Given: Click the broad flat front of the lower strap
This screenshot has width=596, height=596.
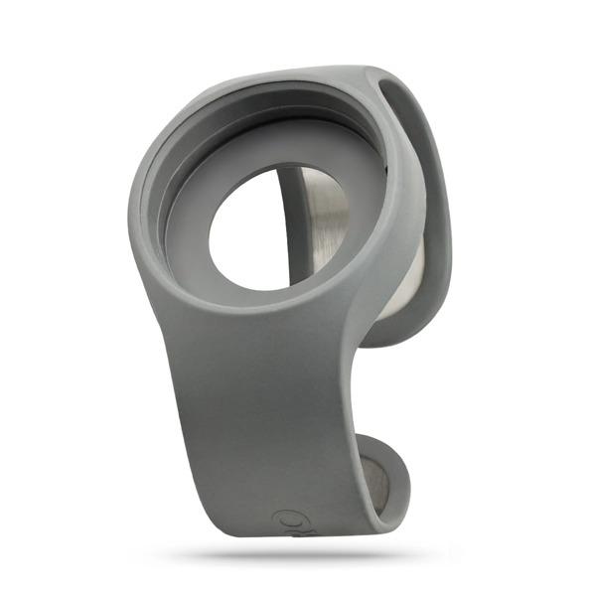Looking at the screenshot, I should tap(268, 417).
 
